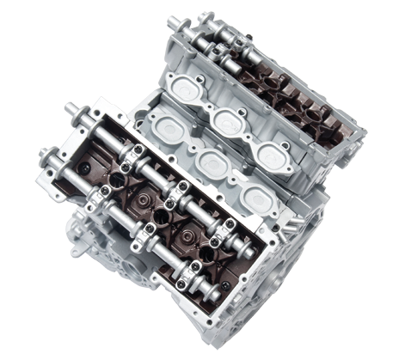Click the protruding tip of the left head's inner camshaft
point(69,107)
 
